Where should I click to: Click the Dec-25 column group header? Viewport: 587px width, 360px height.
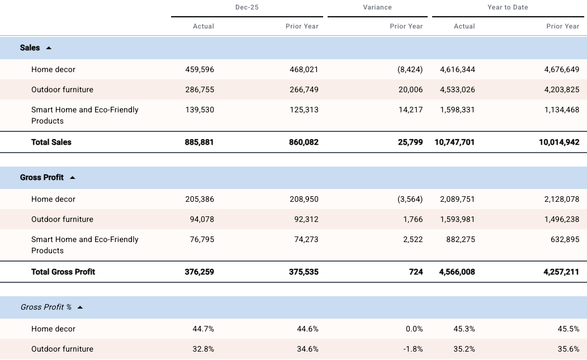coord(247,7)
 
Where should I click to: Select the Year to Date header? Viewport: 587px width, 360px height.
coord(508,7)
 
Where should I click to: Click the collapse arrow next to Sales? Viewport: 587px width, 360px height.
coord(49,48)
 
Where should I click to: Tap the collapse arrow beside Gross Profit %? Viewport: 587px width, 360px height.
coord(80,307)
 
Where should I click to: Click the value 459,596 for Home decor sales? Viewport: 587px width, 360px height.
coord(200,69)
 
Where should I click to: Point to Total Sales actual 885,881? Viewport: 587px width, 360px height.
coord(199,142)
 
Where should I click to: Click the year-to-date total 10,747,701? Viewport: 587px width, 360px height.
coord(455,142)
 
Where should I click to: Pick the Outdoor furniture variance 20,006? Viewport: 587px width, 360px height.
coord(410,89)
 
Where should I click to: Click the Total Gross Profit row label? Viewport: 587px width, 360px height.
coord(63,272)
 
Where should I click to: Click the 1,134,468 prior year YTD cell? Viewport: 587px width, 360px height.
coord(561,110)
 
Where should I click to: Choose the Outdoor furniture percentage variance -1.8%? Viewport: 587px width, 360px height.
coord(413,349)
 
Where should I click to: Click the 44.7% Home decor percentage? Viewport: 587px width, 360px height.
coord(203,329)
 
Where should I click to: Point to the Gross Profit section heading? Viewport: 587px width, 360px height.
coord(42,177)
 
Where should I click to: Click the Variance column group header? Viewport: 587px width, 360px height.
coord(377,7)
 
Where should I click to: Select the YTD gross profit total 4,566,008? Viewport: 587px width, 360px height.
coord(457,272)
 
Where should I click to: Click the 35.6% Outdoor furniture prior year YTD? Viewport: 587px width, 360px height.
coord(569,349)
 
